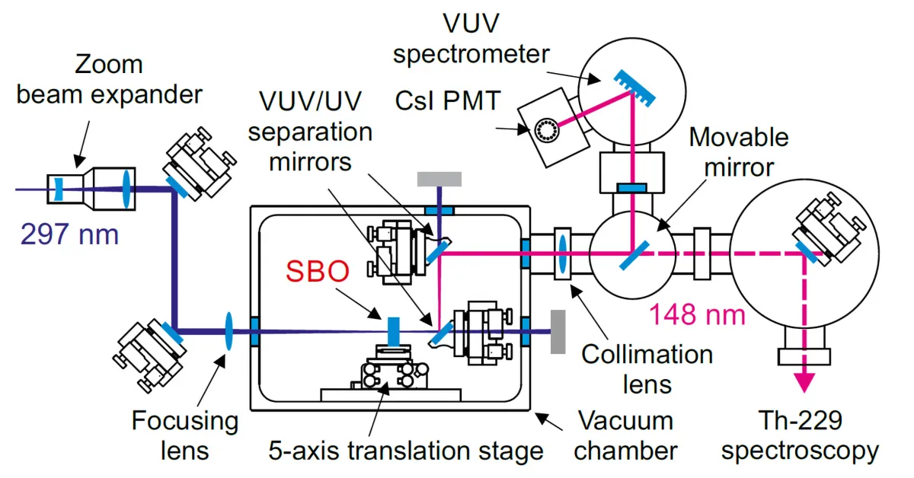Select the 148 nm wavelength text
tap(697, 313)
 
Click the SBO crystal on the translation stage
tap(393, 331)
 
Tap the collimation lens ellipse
tap(562, 252)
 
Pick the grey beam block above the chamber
tap(439, 178)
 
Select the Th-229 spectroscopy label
tap(800, 436)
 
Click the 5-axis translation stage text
tap(405, 450)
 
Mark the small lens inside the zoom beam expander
tap(58, 187)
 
